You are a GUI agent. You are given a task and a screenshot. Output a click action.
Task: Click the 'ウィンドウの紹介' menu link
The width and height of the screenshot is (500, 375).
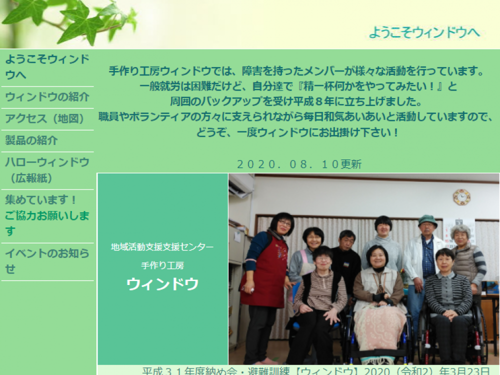[x=47, y=97]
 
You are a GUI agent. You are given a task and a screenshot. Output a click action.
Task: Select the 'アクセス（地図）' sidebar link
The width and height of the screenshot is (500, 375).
[x=44, y=119]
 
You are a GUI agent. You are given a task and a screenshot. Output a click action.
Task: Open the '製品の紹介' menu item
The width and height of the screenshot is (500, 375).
[x=31, y=140]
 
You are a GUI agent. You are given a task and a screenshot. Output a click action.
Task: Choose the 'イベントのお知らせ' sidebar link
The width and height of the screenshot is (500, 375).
[x=47, y=260]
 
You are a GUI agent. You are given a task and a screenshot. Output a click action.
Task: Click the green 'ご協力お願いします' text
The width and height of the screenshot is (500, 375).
[x=47, y=223]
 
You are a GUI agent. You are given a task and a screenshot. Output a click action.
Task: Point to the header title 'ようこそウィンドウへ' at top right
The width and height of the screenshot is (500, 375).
[x=424, y=32]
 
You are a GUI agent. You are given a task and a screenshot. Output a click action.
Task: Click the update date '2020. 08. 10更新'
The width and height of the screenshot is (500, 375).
[x=298, y=164]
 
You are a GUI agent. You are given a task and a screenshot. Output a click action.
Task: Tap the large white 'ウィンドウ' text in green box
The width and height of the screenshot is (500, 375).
[x=162, y=284]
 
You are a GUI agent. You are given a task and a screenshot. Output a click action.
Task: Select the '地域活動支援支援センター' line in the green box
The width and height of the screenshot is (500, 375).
[x=162, y=247]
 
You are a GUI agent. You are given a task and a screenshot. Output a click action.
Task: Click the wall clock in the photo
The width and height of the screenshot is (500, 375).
[x=461, y=197]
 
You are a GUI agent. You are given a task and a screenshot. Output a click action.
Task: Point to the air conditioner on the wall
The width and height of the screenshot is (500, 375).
[x=241, y=185]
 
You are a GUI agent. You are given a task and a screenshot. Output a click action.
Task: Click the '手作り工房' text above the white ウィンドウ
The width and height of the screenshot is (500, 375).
[x=162, y=265]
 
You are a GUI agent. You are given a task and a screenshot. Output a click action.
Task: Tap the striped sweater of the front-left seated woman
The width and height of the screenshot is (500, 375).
[x=320, y=290]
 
